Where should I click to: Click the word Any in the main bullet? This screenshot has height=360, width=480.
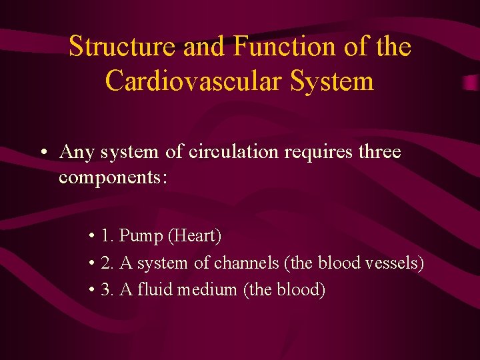pyautogui.click(x=77, y=153)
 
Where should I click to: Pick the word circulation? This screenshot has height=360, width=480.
pyautogui.click(x=233, y=152)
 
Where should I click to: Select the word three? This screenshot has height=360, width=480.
pyautogui.click(x=379, y=152)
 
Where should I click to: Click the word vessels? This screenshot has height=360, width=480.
pyautogui.click(x=394, y=263)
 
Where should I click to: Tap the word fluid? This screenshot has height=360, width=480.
pyautogui.click(x=152, y=290)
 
